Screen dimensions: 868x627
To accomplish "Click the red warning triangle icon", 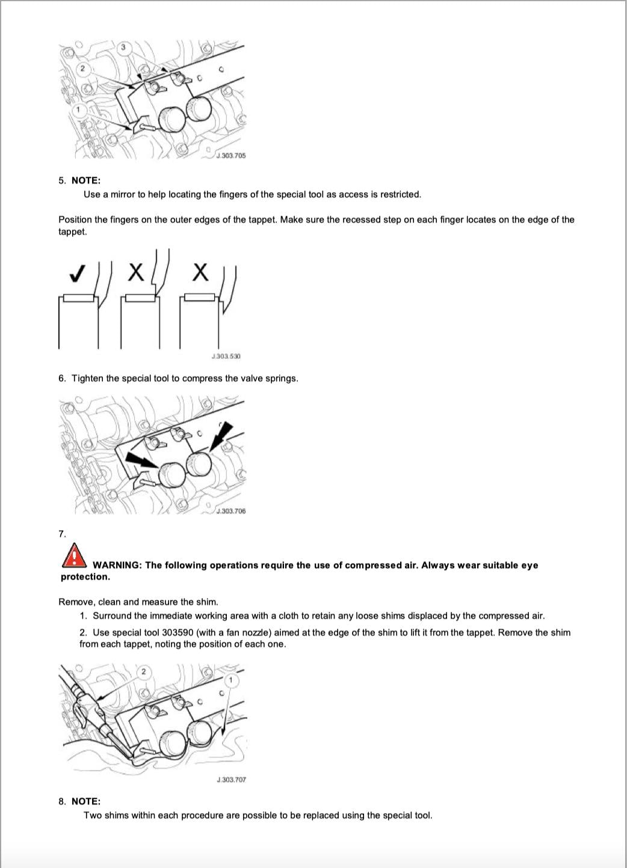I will tap(73, 555).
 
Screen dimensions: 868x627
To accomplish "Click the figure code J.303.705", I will tap(231, 156).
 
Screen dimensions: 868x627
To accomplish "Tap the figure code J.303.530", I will tap(226, 356).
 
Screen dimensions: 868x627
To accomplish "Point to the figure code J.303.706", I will tap(231, 511).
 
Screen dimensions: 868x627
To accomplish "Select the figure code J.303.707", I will tap(231, 780).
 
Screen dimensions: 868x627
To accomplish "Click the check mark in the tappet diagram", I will tap(76, 274).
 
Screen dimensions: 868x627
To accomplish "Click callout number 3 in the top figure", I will tap(123, 47).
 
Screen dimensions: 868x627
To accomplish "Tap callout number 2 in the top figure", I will tap(84, 68).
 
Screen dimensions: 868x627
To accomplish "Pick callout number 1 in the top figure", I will tap(78, 110).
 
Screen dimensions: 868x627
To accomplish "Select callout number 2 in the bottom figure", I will tap(143, 671).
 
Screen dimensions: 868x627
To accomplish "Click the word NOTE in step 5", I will tap(86, 180).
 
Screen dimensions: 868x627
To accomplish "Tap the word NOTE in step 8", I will tap(86, 801).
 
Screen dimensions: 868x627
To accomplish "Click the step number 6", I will tap(62, 378).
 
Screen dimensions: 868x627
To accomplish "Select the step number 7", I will tap(62, 534).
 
